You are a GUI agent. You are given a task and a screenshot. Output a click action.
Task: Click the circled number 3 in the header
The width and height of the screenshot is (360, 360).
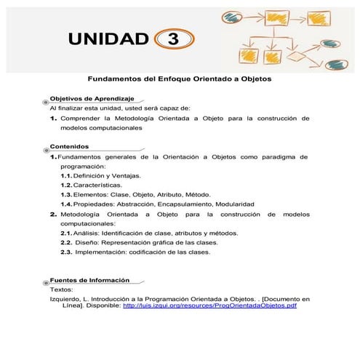coord(173,39)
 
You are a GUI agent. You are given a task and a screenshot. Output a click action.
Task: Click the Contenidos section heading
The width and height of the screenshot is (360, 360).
coord(70,145)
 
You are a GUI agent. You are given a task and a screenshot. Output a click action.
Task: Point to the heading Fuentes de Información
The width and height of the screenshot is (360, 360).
coord(89,280)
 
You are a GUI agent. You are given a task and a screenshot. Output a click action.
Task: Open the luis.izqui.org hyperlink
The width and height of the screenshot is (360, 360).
coord(210,305)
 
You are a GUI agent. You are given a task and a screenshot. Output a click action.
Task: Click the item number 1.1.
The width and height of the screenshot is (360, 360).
coord(65,176)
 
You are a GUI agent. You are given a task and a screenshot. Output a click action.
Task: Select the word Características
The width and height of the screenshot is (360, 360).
coord(97,185)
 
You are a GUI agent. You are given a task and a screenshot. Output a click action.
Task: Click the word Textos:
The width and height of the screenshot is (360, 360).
coord(61,289)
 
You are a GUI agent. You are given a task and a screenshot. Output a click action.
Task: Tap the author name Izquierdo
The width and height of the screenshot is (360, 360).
coord(65,298)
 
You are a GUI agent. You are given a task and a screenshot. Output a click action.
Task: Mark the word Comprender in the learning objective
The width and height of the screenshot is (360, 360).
coord(81,117)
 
